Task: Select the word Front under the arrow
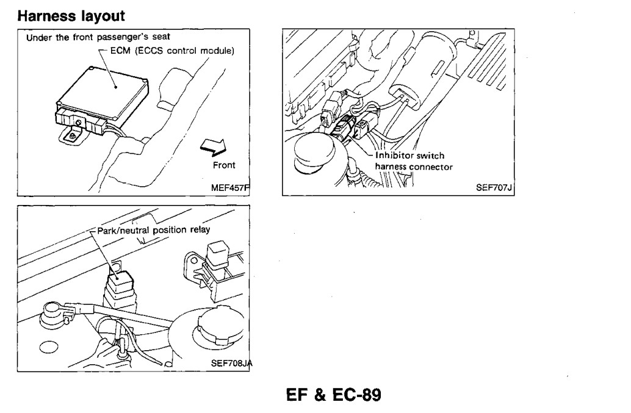click(223, 165)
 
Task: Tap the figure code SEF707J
click(495, 189)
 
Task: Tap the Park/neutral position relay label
click(153, 229)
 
